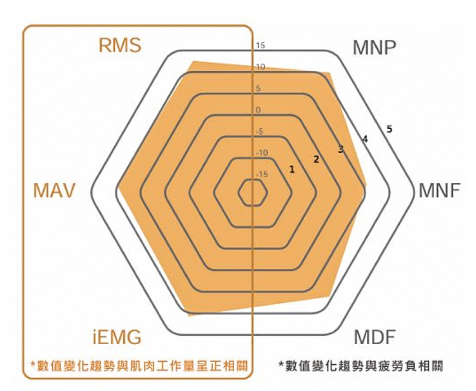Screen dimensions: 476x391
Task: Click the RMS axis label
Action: (x=120, y=45)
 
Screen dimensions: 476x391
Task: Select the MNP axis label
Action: (x=374, y=48)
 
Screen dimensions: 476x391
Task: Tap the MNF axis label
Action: (x=440, y=190)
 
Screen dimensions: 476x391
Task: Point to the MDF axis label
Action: (x=374, y=336)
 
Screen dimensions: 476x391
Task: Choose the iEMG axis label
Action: (x=117, y=337)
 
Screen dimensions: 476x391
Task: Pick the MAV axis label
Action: (x=54, y=190)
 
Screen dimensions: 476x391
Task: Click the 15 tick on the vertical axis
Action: (x=260, y=46)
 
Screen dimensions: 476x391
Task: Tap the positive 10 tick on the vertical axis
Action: (x=260, y=67)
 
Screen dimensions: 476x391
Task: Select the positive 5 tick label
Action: (x=258, y=89)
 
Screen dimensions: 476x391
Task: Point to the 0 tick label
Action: (x=258, y=110)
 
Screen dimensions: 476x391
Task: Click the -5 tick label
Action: (x=260, y=131)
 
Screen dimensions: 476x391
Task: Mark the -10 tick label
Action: (x=261, y=153)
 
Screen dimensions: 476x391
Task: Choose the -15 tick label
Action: (x=261, y=175)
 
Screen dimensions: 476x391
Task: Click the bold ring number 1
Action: (x=292, y=169)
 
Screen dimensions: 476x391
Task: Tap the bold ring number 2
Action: (x=316, y=159)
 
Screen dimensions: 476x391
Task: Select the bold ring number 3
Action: (x=341, y=149)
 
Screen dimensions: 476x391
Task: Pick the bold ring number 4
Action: (x=365, y=139)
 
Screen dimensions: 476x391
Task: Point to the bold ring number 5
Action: (x=389, y=129)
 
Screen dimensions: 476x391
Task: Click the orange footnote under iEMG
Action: (x=140, y=366)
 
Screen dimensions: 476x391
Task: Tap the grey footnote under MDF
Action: (x=360, y=366)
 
